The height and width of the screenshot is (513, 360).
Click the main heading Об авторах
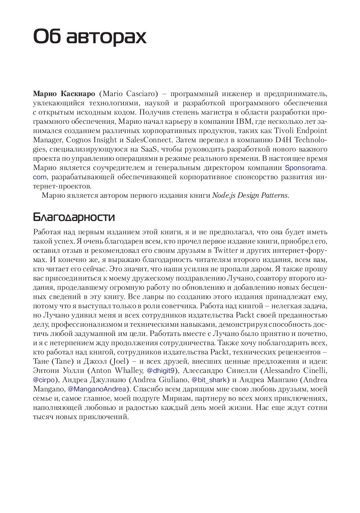[90, 36]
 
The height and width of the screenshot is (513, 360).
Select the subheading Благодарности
[74, 217]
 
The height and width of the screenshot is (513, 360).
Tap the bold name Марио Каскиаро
[64, 94]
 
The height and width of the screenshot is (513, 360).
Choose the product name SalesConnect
[149, 140]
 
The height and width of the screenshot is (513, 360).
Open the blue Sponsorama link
[305, 168]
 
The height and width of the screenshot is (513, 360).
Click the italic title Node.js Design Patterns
[250, 196]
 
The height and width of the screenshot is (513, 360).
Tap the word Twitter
[226, 251]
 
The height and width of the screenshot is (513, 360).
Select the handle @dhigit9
[160, 371]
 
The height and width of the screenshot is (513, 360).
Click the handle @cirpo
[44, 380]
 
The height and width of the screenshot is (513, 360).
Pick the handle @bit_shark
[209, 380]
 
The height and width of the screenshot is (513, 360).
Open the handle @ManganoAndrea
[97, 389]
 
